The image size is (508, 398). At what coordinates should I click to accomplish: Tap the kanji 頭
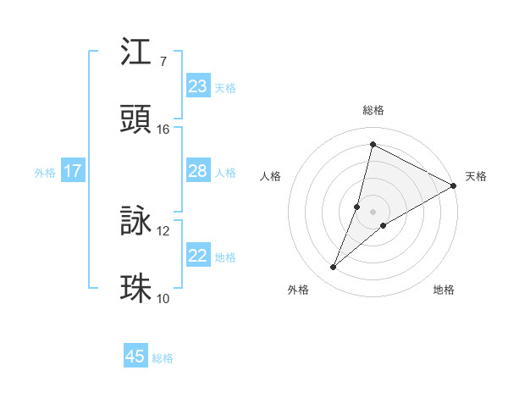point(136,120)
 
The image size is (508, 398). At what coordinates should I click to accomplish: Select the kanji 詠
point(136,222)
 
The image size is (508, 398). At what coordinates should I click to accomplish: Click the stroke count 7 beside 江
point(163,62)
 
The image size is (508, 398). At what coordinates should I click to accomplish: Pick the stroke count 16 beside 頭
point(163,130)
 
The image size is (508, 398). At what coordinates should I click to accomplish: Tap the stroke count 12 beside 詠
point(163,231)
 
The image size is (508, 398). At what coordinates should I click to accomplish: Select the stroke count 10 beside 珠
point(163,298)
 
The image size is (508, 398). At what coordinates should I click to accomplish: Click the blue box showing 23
point(198,86)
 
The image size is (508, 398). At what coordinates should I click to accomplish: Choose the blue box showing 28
point(198,171)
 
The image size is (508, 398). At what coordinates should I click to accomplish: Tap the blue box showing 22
point(198,256)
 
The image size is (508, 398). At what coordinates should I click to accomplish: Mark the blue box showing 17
point(73,171)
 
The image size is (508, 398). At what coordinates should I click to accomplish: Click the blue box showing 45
point(135,357)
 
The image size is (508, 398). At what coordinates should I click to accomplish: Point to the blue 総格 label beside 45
point(163,358)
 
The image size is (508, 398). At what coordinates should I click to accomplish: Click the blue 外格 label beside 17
point(45,173)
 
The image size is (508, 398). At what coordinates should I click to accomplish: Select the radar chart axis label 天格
point(477,176)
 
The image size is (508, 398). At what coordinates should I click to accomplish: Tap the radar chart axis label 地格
point(444,290)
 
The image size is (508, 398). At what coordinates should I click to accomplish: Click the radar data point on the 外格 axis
point(334,268)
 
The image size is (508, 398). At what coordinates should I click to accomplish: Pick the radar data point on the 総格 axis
point(372,144)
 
